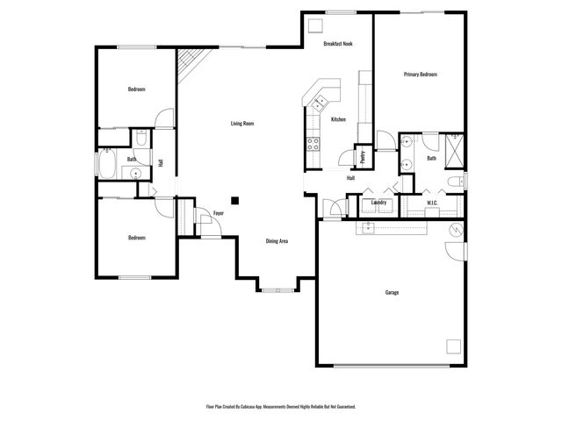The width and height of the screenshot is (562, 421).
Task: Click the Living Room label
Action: [242, 124]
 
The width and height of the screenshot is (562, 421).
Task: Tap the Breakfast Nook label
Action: [338, 43]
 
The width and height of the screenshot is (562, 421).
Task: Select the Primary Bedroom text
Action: [420, 75]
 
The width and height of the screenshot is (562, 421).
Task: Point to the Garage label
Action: [392, 292]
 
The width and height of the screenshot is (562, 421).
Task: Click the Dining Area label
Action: [277, 241]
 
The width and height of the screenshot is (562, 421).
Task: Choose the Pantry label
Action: [363, 156]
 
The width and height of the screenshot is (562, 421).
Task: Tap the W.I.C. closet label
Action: [432, 203]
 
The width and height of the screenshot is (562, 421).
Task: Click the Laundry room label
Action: [379, 203]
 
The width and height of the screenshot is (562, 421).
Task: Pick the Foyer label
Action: [219, 213]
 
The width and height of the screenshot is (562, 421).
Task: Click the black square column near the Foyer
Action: [234, 198]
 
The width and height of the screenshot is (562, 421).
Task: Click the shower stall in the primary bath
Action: [456, 150]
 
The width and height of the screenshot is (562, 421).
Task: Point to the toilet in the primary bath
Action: [455, 182]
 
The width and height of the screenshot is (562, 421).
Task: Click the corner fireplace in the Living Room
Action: [188, 64]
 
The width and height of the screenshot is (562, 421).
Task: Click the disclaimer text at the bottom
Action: [281, 407]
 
